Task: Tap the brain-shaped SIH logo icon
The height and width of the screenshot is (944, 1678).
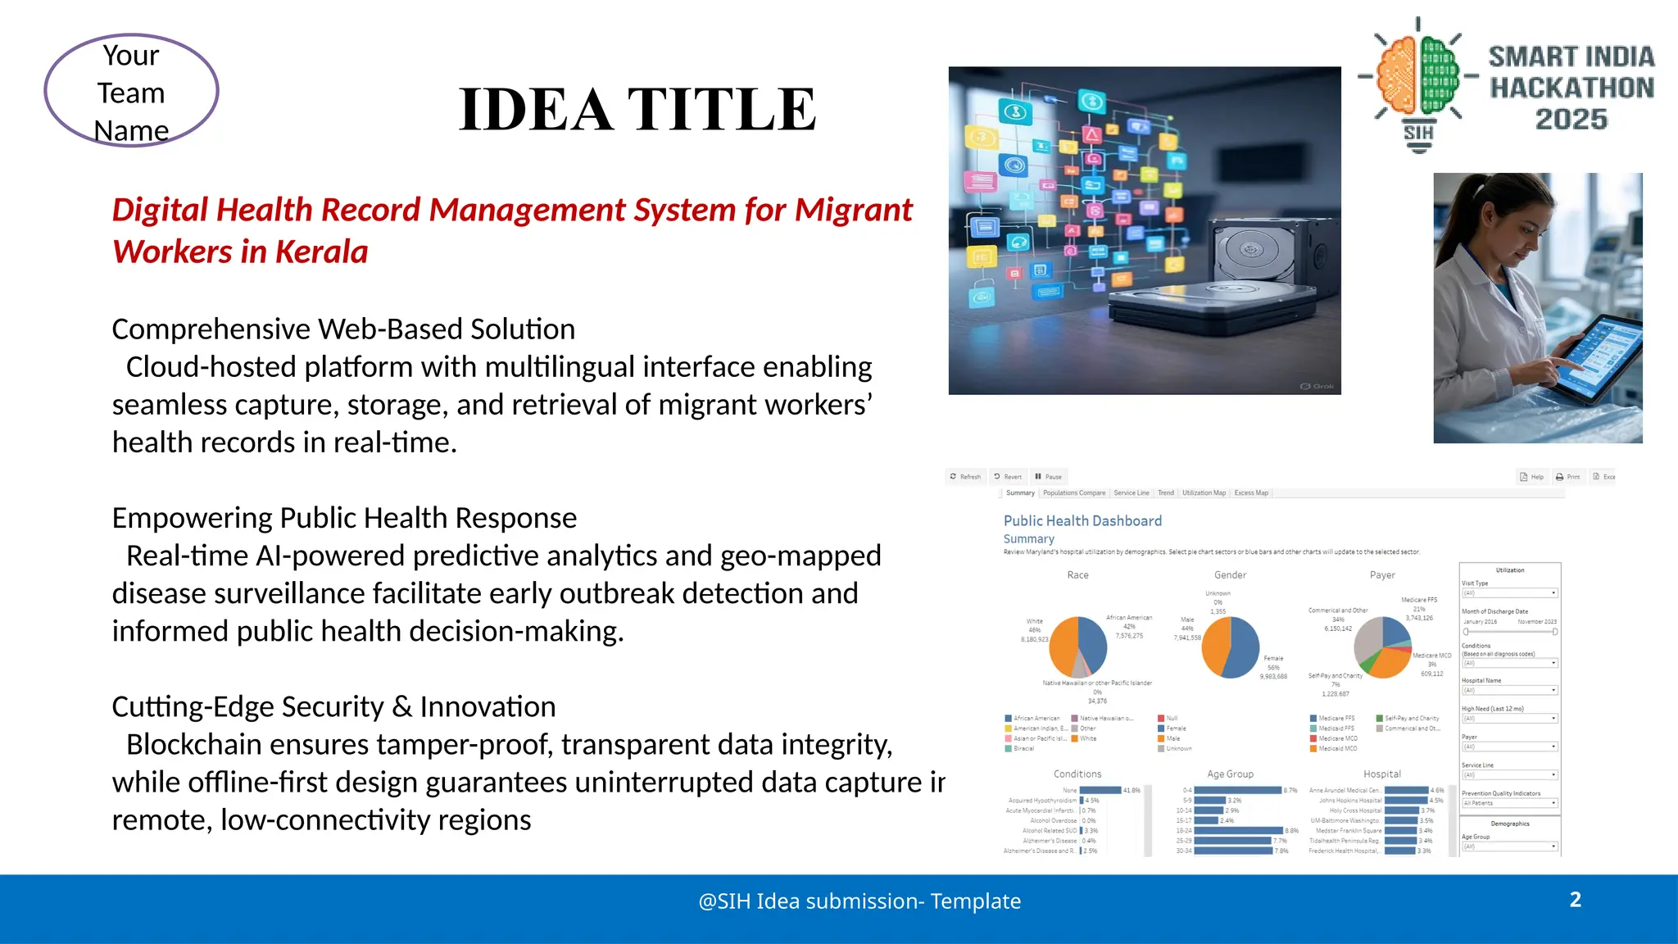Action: pos(1417,78)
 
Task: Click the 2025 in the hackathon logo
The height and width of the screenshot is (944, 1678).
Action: pos(1571,120)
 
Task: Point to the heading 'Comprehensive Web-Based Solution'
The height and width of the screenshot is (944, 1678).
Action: pos(343,329)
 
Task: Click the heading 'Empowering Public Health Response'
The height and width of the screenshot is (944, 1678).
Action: pos(344,519)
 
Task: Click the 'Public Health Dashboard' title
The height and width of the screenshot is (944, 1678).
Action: pos(1082,521)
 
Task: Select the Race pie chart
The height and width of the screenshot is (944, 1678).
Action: pos(1078,647)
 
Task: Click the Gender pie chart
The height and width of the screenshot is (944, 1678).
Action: pos(1230,647)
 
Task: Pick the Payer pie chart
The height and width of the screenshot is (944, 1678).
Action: pos(1382,647)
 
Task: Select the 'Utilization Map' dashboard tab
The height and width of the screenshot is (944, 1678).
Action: pos(1204,493)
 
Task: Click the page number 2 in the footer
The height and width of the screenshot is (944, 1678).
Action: pos(1575,900)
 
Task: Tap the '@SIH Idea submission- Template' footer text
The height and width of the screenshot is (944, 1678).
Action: pos(859,901)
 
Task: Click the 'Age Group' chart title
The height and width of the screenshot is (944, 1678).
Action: pos(1230,774)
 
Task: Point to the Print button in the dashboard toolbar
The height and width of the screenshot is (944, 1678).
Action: pos(1567,477)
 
